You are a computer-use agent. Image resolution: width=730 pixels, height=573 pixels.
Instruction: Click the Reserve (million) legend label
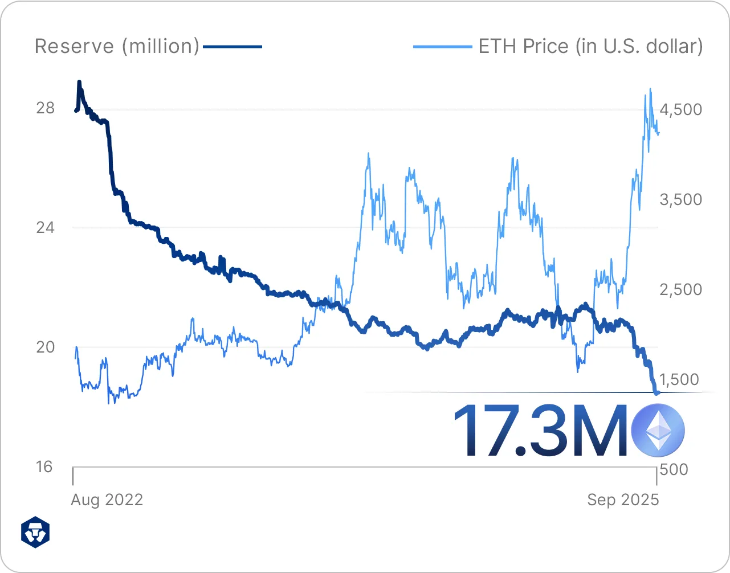tap(117, 46)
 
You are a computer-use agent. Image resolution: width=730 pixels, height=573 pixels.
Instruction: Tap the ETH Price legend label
tap(590, 46)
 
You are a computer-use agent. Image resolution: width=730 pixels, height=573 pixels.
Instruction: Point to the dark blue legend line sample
tap(233, 46)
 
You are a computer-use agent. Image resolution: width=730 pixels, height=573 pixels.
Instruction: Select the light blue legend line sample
tap(443, 46)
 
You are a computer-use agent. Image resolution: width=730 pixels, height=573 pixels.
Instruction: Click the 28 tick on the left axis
tap(46, 108)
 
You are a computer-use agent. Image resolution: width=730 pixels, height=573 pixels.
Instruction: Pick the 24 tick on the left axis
tap(46, 228)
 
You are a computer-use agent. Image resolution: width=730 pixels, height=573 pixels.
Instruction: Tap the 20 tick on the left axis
tap(46, 347)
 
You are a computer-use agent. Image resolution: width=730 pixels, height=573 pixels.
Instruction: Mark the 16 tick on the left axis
tap(44, 467)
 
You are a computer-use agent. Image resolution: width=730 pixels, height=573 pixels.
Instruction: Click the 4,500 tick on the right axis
tap(681, 109)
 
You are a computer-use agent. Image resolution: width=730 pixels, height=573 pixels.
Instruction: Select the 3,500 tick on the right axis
tap(681, 199)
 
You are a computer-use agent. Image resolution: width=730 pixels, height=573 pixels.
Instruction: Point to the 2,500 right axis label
tap(681, 289)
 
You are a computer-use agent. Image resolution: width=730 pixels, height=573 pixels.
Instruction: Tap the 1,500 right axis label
tap(679, 379)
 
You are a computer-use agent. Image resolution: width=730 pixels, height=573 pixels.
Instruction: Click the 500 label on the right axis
tap(674, 469)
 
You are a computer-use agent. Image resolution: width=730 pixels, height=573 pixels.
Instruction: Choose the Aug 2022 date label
tap(107, 500)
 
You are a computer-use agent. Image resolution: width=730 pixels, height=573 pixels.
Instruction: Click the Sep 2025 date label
tap(623, 500)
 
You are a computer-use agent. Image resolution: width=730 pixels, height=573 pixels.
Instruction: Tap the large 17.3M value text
tap(540, 430)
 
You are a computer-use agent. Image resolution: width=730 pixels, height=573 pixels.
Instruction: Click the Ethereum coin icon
tap(658, 430)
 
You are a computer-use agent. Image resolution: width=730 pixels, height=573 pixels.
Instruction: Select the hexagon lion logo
tap(35, 533)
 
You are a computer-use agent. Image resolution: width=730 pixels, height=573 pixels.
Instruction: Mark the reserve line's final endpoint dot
tap(657, 392)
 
